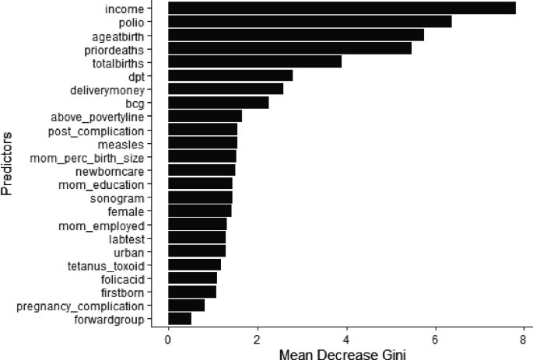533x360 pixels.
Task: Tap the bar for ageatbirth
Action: point(296,35)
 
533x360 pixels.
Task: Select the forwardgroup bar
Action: point(180,319)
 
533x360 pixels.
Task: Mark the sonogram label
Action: point(132,197)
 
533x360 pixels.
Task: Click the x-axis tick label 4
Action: point(346,338)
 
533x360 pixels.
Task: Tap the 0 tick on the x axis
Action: point(168,338)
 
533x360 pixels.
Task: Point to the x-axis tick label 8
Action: point(524,338)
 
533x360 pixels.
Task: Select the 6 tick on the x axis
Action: point(435,338)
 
